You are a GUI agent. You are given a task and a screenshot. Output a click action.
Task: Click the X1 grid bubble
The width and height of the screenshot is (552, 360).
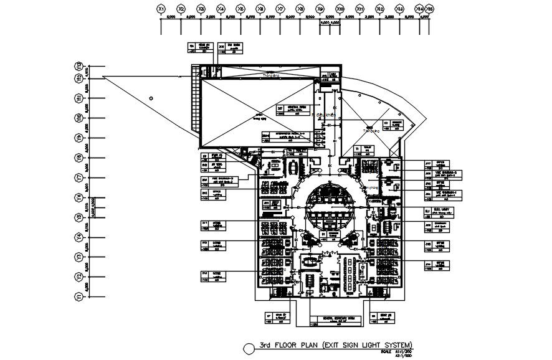[161, 9]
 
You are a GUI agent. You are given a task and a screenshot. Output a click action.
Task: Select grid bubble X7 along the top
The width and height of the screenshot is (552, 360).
[280, 9]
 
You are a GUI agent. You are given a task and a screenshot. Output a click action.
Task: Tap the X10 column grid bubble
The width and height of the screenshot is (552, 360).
[340, 9]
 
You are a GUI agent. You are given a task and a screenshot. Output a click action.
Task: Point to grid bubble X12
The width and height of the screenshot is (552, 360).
[380, 9]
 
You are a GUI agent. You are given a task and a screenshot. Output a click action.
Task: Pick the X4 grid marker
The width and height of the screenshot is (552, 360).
[221, 9]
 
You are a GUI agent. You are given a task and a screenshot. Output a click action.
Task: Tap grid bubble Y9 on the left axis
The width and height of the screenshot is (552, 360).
[79, 138]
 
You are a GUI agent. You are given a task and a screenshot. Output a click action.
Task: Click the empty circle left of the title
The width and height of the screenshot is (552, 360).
[249, 348]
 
